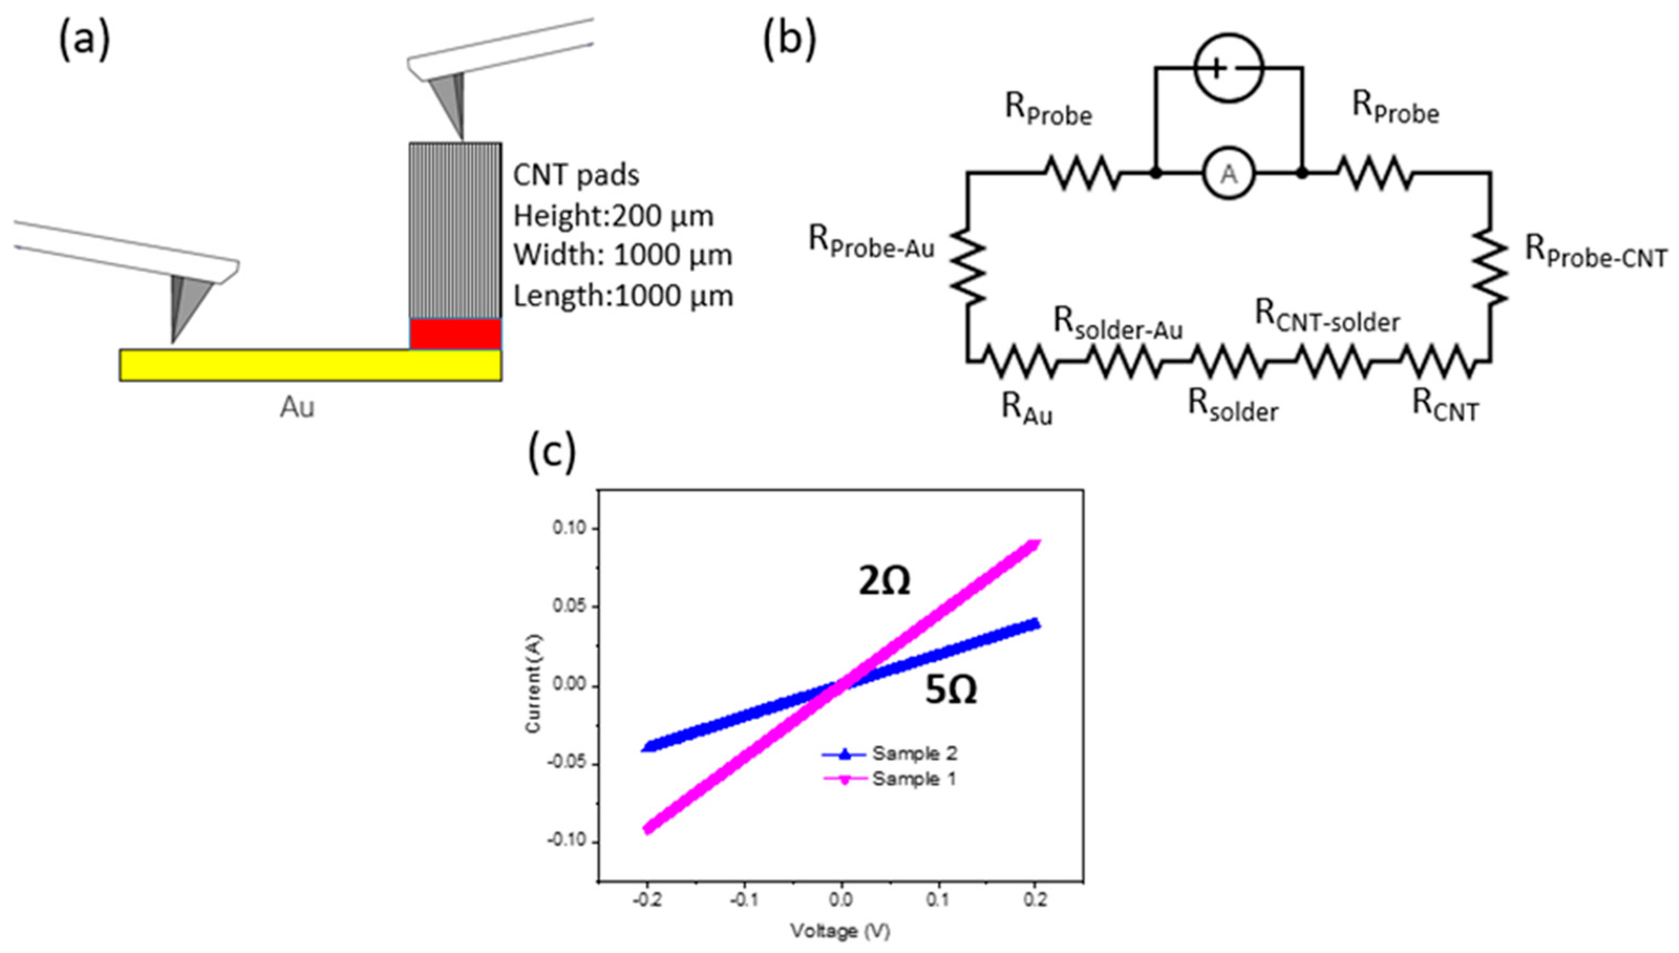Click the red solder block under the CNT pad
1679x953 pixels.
[x=455, y=334]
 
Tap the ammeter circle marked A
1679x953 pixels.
[x=1229, y=174]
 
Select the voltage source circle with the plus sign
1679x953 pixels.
[x=1229, y=68]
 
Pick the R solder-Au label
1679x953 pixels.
[x=1118, y=324]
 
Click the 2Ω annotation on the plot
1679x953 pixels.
[x=884, y=581]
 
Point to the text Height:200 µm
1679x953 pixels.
[x=613, y=216]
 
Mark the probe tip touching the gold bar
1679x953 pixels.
[x=173, y=340]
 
